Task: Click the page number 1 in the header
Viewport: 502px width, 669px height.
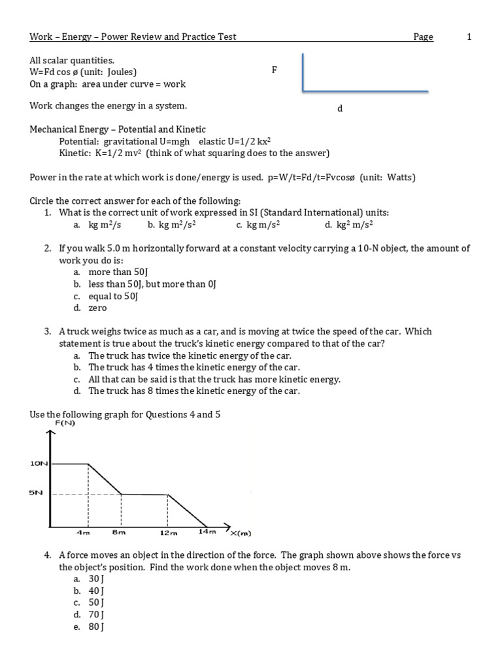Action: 469,37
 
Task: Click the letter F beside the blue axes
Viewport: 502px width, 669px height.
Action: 275,69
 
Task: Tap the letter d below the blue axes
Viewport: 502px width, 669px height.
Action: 340,108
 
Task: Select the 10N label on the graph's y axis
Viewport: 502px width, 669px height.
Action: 39,463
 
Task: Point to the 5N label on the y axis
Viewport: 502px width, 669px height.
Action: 36,493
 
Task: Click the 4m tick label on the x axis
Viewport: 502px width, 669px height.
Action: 83,533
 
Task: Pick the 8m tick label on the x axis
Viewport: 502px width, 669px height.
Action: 118,533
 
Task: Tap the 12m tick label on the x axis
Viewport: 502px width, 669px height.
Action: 168,533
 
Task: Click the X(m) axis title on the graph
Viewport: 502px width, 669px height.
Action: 241,534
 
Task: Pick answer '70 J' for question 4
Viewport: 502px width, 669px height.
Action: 97,614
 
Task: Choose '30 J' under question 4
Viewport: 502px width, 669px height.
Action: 97,579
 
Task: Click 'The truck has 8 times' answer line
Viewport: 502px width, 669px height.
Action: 193,391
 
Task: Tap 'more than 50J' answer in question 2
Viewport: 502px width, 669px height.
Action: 118,272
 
